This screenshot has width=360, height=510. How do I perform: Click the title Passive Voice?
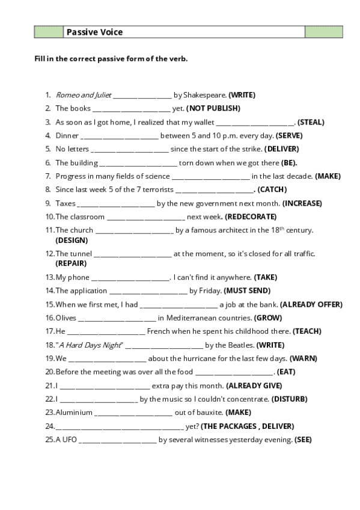94,32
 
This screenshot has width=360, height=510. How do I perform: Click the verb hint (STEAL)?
311,122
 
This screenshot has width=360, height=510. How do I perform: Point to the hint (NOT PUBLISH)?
213,108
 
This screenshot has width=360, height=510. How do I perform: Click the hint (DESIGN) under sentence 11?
71,239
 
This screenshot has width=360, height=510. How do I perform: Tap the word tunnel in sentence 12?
82,254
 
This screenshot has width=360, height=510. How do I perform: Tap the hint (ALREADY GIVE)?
254,386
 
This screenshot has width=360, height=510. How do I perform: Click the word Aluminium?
74,413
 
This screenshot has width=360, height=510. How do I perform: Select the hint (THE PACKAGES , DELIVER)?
247,426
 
